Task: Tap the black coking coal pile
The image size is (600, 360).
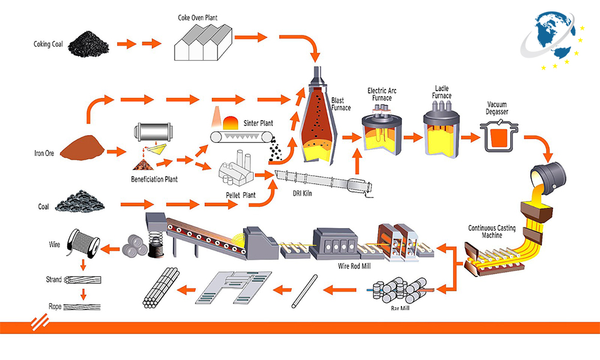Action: coord(86,44)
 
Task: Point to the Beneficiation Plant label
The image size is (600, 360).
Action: coord(154,179)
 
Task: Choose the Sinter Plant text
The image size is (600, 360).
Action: coord(258,124)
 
